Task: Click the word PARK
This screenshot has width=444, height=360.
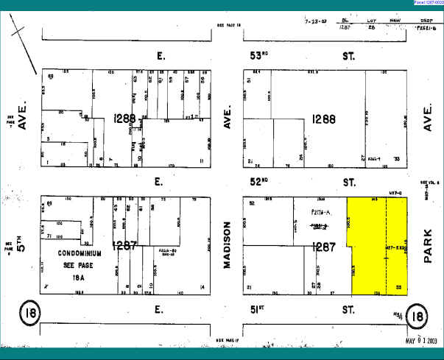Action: coord(429,244)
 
